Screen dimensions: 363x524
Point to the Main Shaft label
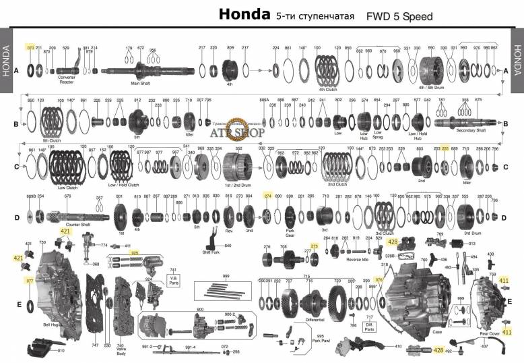coord(140,84)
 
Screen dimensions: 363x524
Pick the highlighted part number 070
coord(30,48)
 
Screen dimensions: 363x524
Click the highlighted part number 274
coord(267,196)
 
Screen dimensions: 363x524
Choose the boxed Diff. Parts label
coord(369,327)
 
